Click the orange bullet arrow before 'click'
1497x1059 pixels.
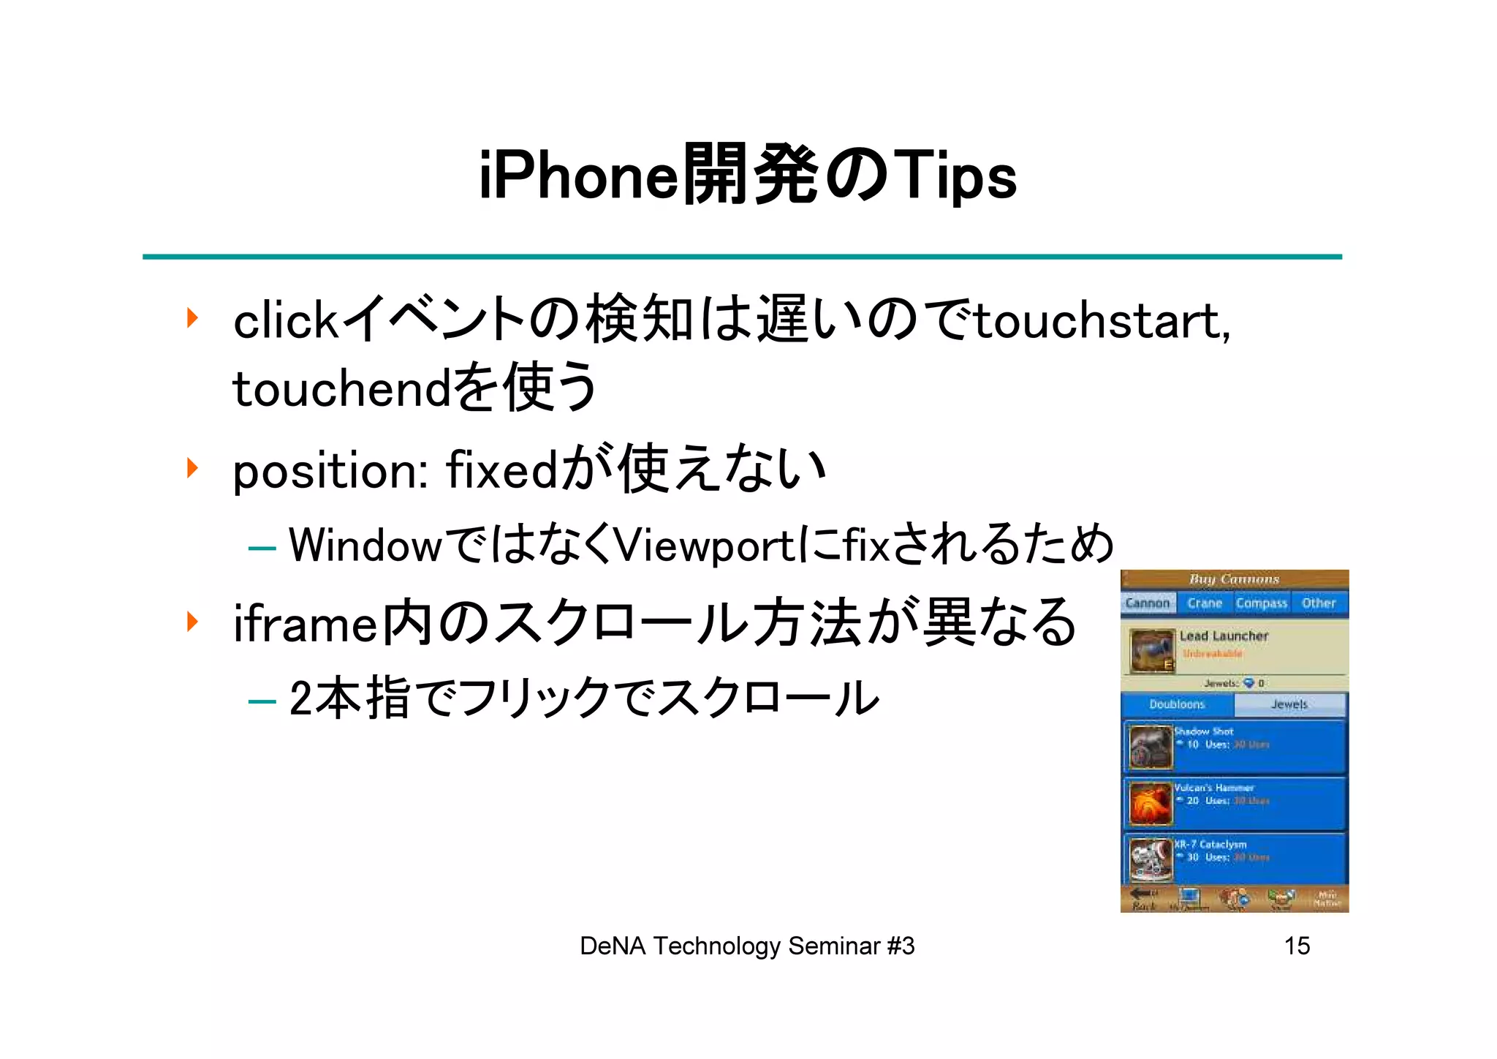(192, 317)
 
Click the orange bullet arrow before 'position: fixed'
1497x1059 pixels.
(192, 467)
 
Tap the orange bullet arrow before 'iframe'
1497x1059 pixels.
(192, 621)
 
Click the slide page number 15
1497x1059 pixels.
(1297, 946)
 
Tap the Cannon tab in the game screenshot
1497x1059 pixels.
(1148, 603)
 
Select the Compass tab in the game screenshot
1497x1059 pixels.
(1261, 603)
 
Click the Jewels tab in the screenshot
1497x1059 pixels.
(1289, 704)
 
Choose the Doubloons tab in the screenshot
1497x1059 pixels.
(1177, 704)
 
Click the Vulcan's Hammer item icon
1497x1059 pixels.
(1151, 802)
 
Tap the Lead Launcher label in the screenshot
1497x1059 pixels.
(1224, 636)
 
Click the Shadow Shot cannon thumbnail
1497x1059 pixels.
(1151, 746)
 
